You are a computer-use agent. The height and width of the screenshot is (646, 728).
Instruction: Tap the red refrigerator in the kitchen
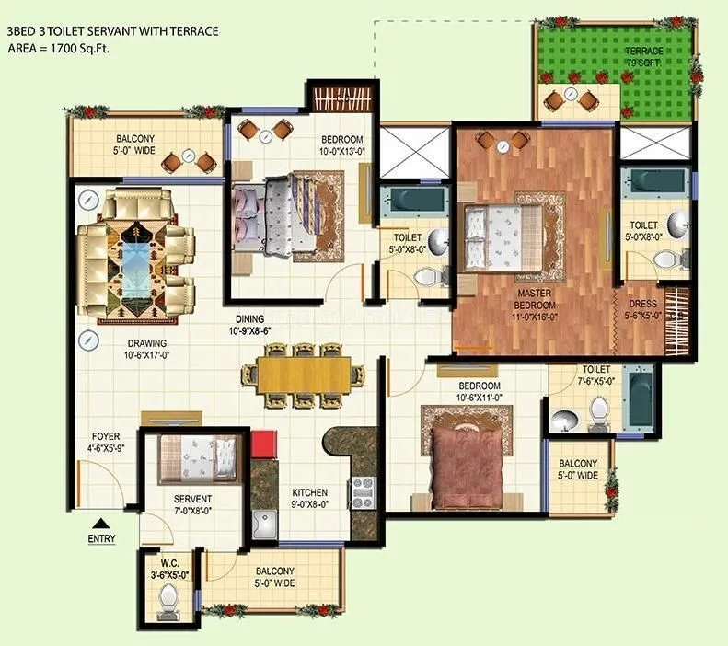pos(264,444)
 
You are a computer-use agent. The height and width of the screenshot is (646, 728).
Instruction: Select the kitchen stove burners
pos(360,492)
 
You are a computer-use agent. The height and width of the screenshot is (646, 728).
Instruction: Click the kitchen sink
pos(266,525)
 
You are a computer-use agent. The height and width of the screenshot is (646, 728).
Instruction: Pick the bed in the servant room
pos(197,458)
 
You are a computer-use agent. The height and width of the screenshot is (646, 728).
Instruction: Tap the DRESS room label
pos(641,304)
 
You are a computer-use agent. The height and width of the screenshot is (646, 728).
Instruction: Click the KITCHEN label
pos(309,491)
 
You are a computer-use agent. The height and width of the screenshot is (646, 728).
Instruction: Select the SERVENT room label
pos(193,499)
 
